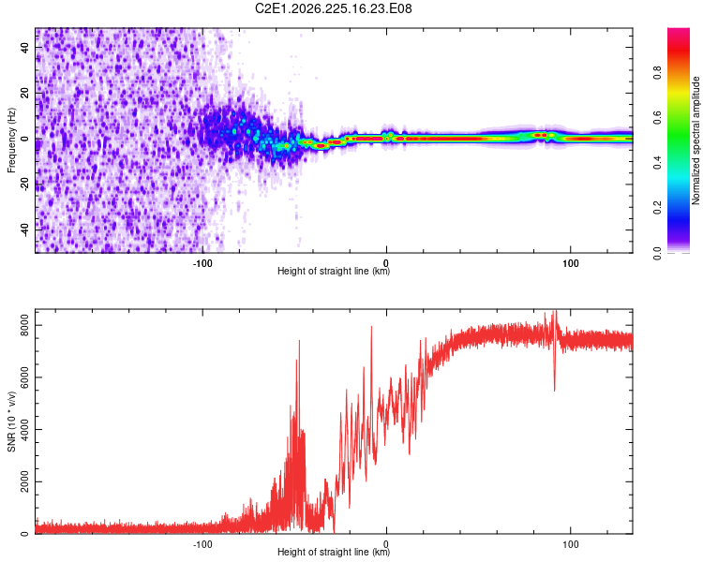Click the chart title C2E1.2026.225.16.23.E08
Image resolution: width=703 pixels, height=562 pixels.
coord(333,8)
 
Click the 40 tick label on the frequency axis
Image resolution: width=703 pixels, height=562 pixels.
coord(24,48)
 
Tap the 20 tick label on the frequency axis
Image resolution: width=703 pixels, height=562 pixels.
coord(24,94)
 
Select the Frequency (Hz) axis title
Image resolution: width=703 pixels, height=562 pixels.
coord(11,140)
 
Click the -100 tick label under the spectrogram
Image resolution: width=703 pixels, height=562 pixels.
coord(202,263)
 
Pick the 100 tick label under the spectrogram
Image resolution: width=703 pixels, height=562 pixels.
coord(570,263)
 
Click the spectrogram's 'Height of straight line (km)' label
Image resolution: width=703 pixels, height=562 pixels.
coord(334,271)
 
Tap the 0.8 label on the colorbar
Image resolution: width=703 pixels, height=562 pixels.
coord(657,72)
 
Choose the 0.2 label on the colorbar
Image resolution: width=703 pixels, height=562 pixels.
coord(657,208)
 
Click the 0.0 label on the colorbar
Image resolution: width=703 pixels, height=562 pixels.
coord(657,253)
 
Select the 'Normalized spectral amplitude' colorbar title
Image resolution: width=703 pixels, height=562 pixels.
coord(696,140)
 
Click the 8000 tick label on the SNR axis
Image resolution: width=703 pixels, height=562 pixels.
coord(24,325)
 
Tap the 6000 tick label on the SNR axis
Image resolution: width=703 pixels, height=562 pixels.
coord(24,377)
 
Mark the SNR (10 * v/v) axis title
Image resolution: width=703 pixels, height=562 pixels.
coord(11,421)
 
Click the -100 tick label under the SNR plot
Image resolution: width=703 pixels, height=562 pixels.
coord(202,544)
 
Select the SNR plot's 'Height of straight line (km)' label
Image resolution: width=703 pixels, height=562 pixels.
coord(334,552)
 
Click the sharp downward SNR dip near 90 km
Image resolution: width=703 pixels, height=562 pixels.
coord(555,389)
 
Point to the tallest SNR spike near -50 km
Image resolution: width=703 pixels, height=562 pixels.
coord(299,342)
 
